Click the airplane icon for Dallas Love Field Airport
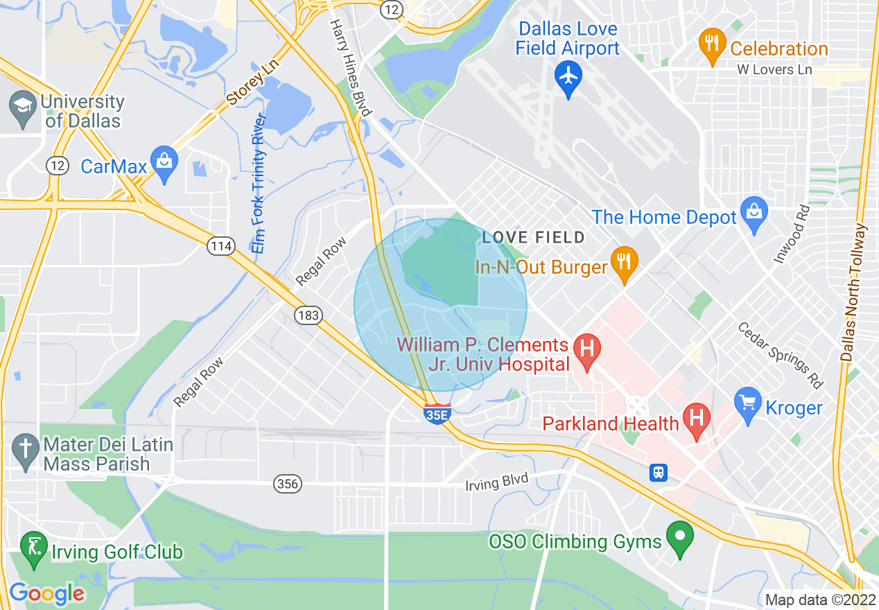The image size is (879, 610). (568, 74)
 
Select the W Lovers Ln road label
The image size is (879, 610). (774, 69)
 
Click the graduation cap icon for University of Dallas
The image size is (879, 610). (23, 110)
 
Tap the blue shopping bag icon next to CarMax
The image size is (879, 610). (164, 163)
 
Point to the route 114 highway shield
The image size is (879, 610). (220, 246)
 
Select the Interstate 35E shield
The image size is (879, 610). (437, 412)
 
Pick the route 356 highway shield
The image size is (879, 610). (288, 484)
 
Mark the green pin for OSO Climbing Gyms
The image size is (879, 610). (680, 537)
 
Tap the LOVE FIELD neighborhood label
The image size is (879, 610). (533, 238)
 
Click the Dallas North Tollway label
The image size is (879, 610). (854, 291)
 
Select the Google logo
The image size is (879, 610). (46, 594)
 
